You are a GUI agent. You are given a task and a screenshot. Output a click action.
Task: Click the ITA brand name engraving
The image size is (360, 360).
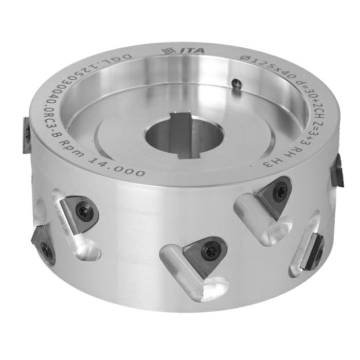pyautogui.click(x=192, y=50)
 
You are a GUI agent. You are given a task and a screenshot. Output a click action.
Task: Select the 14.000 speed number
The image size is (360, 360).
pyautogui.click(x=116, y=167)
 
